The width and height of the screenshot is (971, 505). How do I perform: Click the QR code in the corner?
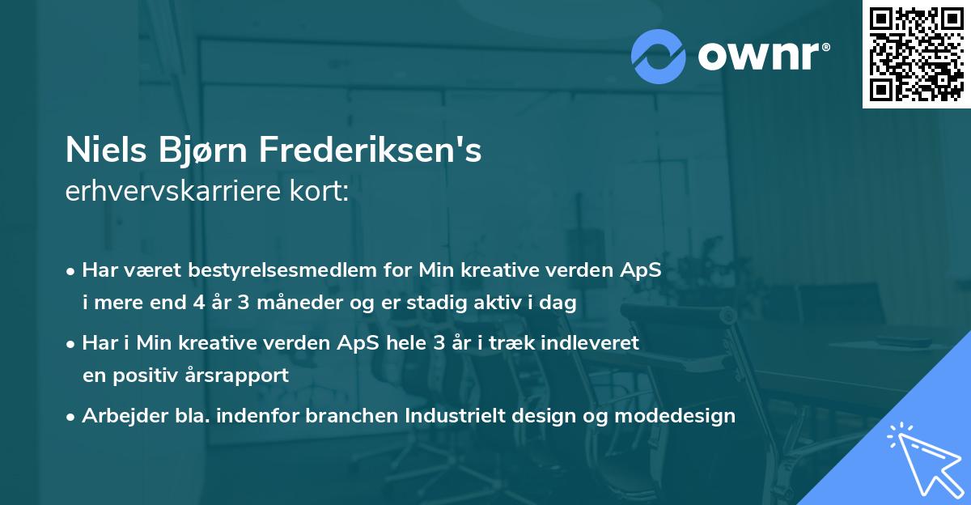[916, 54]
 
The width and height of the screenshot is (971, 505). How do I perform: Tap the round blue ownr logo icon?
[659, 56]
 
